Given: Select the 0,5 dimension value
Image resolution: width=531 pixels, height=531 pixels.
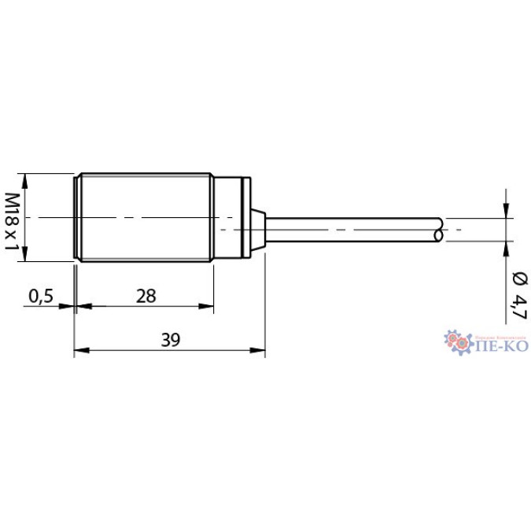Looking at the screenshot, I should pos(40,296).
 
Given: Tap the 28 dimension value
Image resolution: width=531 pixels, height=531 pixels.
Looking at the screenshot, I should pos(146,296).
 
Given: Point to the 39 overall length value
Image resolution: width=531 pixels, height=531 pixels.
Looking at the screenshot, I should pos(170,341).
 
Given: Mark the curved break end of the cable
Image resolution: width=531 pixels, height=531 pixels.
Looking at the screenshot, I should pos(437,229).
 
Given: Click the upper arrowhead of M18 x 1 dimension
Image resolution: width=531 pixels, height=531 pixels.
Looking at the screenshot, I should pos(25,180).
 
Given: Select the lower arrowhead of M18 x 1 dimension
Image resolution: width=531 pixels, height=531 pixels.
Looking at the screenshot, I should pos(25,255).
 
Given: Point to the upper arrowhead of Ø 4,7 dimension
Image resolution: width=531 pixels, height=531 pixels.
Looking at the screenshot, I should pos(505,211).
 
